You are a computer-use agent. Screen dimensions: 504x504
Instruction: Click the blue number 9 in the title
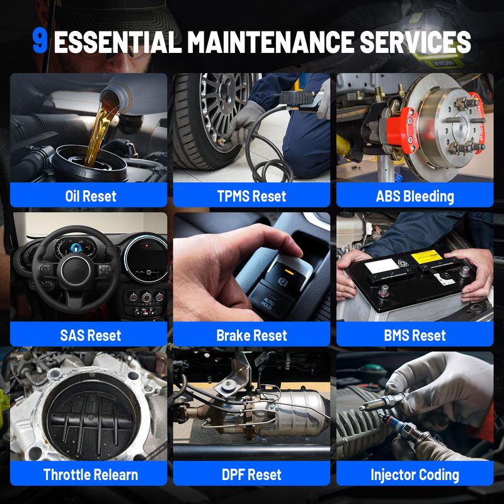[x=40, y=42]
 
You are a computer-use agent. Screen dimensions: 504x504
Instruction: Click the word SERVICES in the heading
[x=415, y=42]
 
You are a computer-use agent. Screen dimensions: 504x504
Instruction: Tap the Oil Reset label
[x=90, y=196]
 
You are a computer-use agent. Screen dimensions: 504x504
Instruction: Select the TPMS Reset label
[x=251, y=196]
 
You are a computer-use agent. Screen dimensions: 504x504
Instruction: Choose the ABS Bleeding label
[x=415, y=197]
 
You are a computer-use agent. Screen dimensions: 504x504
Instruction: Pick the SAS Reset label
[x=90, y=335]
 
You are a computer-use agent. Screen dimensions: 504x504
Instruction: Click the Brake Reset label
[x=251, y=335]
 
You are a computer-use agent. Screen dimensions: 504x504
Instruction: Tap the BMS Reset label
[x=415, y=335]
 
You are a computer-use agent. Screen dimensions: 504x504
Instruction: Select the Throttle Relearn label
[x=90, y=474]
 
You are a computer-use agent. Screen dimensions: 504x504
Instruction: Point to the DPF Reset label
[x=251, y=474]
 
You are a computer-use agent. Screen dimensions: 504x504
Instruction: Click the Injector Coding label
[x=415, y=475]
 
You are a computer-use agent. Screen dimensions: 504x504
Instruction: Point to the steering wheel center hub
[x=76, y=270]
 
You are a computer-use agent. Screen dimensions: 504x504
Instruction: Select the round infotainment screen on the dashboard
[x=147, y=258]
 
